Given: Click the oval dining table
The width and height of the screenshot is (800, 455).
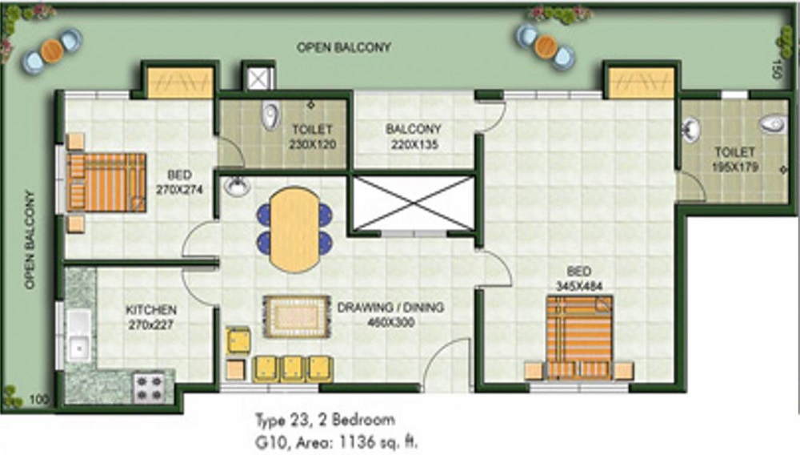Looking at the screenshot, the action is pyautogui.click(x=295, y=229).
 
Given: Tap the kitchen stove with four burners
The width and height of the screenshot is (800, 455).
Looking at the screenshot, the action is pyautogui.click(x=149, y=388).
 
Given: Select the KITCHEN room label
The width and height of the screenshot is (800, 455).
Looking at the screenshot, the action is pyautogui.click(x=151, y=310).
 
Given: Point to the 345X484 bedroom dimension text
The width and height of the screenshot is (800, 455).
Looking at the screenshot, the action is pyautogui.click(x=579, y=286).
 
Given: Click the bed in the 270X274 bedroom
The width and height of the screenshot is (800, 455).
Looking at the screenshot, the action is pyautogui.click(x=106, y=183).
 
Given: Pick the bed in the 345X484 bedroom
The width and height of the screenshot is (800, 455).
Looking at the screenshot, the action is pyautogui.click(x=579, y=337).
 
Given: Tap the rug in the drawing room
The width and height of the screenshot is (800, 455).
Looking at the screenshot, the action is pyautogui.click(x=297, y=316).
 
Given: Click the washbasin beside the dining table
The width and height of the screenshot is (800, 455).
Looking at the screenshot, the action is pyautogui.click(x=238, y=187).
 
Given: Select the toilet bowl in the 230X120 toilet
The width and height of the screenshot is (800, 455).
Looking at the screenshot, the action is pyautogui.click(x=270, y=115).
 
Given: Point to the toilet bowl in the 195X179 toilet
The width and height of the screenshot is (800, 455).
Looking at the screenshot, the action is pyautogui.click(x=772, y=124).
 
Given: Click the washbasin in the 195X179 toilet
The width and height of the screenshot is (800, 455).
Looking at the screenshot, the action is pyautogui.click(x=690, y=129).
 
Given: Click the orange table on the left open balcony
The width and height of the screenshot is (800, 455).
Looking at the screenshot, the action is pyautogui.click(x=51, y=50).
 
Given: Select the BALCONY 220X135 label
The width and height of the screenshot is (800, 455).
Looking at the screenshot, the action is pyautogui.click(x=414, y=137).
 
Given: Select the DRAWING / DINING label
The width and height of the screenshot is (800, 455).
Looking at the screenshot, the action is pyautogui.click(x=390, y=308).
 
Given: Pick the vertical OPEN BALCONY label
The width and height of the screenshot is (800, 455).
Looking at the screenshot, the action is pyautogui.click(x=30, y=240).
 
